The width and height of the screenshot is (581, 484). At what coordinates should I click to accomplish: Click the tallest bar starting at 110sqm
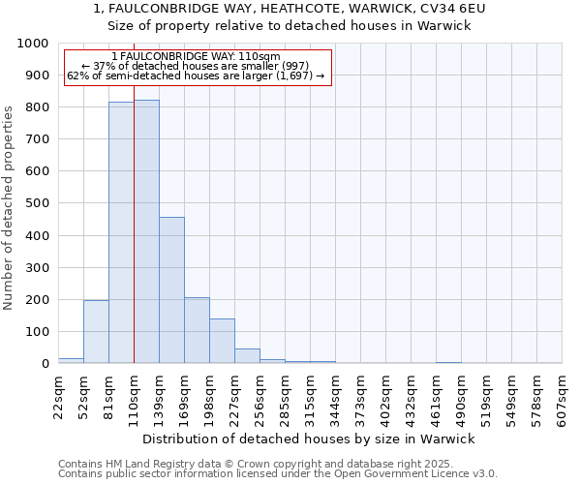[x=146, y=232]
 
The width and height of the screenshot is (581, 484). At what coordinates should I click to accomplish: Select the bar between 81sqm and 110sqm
[x=121, y=233]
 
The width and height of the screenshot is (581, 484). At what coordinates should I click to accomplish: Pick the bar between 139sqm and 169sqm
[x=171, y=290]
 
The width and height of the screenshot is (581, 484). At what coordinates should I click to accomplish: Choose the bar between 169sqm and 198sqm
[x=197, y=330]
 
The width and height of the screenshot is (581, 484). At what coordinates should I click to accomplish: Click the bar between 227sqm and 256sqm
[x=247, y=356]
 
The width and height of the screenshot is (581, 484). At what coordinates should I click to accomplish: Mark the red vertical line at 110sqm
[x=134, y=242]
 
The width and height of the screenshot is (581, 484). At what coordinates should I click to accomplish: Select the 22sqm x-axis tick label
[x=58, y=396]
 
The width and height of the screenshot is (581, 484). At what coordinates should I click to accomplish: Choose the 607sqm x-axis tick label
[x=562, y=396]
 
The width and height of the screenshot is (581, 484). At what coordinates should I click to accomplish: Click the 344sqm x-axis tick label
[x=335, y=396]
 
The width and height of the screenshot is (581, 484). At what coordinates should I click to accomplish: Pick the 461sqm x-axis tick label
[x=436, y=396]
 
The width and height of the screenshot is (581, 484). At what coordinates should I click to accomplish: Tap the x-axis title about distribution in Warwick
[x=308, y=439]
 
